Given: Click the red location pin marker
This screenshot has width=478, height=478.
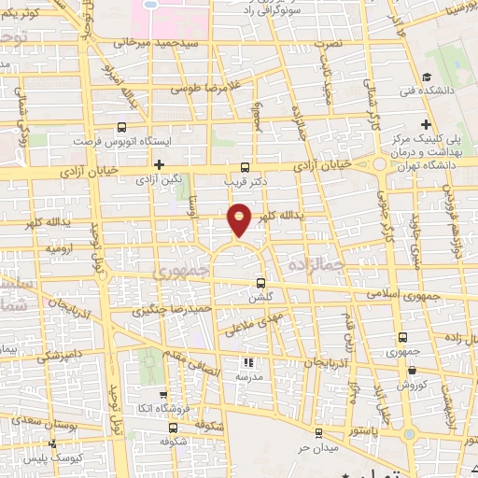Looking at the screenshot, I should coord(240,218).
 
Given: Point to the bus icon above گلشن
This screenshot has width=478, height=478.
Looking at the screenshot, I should coord(260,283).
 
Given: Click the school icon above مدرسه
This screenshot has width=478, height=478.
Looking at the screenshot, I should coord(247,362).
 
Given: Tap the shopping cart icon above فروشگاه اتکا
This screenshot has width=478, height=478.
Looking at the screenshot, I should coord(163,395).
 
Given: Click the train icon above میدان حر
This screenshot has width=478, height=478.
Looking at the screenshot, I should coord(318,432).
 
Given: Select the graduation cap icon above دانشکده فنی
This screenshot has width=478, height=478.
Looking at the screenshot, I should coord(427,77).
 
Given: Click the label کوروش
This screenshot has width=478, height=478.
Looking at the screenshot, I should coord(411,384).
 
